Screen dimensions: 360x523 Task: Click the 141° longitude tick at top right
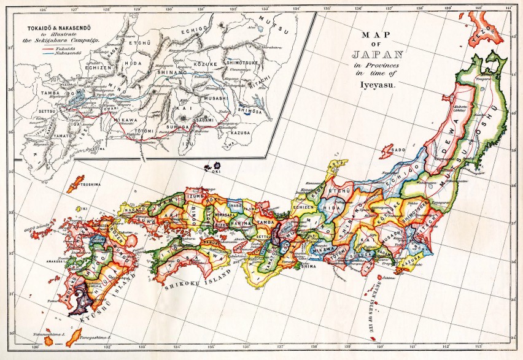tap(509, 9)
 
